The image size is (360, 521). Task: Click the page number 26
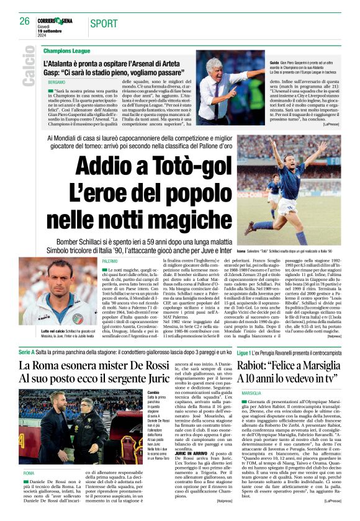point(25,20)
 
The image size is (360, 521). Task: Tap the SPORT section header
point(104,24)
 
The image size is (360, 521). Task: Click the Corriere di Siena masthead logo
point(58,20)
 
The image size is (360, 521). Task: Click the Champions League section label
point(67,51)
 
